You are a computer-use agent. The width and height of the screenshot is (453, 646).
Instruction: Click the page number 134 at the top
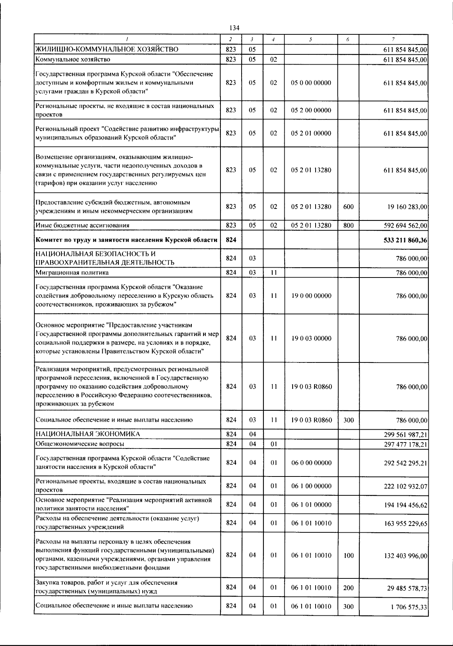[x=234, y=28]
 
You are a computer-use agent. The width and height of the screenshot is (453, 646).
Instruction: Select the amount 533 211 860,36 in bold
[x=405, y=240]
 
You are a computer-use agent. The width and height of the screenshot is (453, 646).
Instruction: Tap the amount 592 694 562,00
[x=405, y=225]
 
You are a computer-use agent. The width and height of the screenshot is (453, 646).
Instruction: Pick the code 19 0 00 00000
[x=311, y=296]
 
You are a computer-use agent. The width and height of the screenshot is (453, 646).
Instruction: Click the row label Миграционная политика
[x=72, y=272]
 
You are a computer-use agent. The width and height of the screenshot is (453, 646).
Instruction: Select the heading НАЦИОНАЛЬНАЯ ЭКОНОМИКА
[x=88, y=434]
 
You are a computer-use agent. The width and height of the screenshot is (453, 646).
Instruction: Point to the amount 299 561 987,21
[x=405, y=434]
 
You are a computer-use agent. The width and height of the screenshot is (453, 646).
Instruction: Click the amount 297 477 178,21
[x=405, y=444]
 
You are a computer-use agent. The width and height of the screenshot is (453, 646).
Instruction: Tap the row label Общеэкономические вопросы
[x=80, y=444]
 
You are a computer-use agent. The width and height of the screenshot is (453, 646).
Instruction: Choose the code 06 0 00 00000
[x=311, y=463]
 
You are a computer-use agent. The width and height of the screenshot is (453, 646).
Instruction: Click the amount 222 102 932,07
[x=405, y=486]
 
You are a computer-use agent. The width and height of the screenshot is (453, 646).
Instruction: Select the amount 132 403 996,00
[x=405, y=555]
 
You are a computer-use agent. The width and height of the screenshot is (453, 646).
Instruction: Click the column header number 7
[x=393, y=39]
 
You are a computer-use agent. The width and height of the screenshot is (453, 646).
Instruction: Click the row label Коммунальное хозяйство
[x=72, y=59]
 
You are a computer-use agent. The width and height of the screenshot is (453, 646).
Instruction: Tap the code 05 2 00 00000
[x=311, y=110]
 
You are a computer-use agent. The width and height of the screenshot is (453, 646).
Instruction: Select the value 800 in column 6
[x=348, y=225]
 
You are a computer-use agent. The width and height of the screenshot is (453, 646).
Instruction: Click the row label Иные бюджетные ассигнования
[x=82, y=225]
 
